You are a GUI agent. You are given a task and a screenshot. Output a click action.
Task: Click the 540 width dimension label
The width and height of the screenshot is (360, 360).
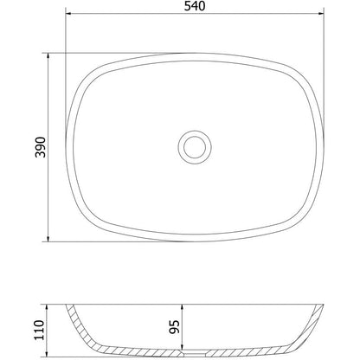[195, 6]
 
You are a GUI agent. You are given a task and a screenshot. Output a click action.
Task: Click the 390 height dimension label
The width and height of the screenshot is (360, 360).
[41, 147]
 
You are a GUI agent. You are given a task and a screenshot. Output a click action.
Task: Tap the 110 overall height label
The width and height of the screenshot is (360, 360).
[40, 330]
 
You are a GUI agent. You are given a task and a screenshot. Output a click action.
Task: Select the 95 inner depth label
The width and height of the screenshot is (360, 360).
[175, 327]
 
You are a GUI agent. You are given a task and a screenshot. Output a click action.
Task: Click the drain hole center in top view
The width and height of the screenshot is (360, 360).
[195, 147]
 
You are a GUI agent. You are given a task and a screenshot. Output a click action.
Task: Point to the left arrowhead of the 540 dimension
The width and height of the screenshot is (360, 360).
[68, 13]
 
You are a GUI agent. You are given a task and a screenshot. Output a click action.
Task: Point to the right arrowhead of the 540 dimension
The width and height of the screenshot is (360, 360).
[321, 13]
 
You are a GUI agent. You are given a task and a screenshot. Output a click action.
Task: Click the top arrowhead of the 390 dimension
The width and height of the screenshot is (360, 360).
[48, 56]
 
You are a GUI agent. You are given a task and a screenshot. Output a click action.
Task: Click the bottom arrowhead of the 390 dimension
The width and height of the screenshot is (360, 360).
[48, 238]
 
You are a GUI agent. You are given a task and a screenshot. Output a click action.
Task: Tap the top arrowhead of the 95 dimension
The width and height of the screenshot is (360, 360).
[182, 307]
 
